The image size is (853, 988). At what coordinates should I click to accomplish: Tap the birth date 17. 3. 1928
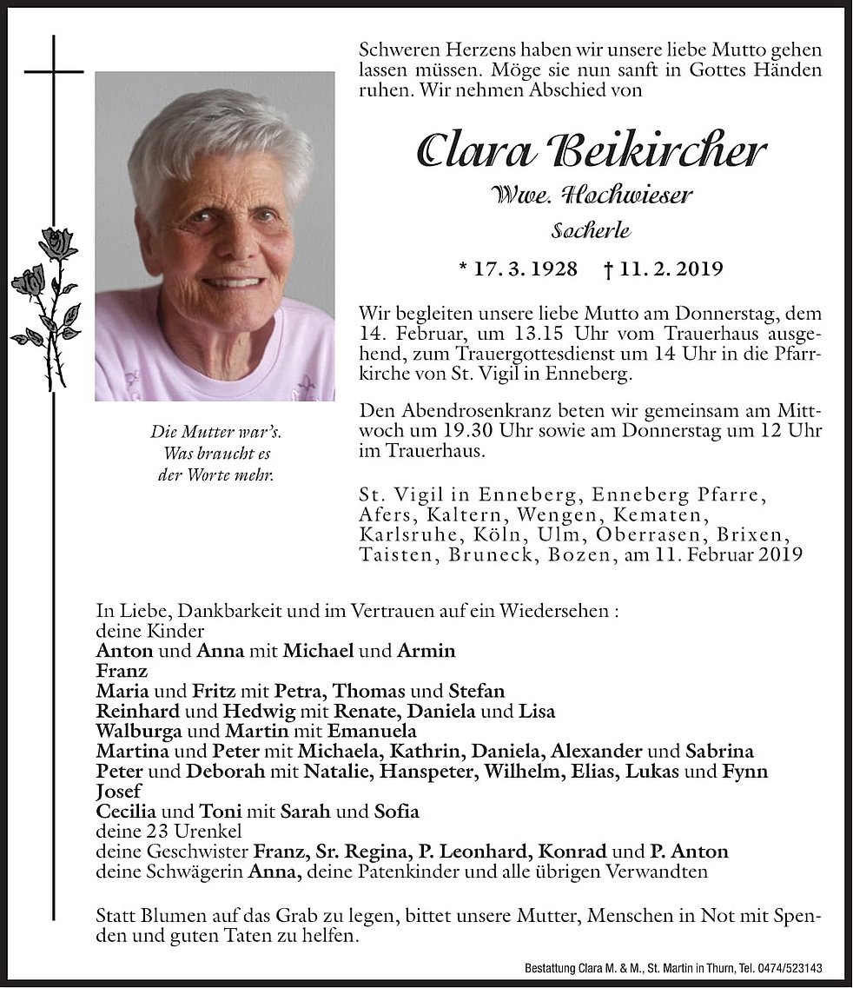pyautogui.click(x=518, y=269)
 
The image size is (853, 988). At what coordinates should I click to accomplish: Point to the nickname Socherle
pyautogui.click(x=591, y=231)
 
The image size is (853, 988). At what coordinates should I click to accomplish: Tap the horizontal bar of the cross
pyautogui.click(x=54, y=71)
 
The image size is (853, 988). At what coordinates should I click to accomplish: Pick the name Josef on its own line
pyautogui.click(x=118, y=792)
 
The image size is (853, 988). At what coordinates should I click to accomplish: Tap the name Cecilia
pyautogui.click(x=123, y=812)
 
